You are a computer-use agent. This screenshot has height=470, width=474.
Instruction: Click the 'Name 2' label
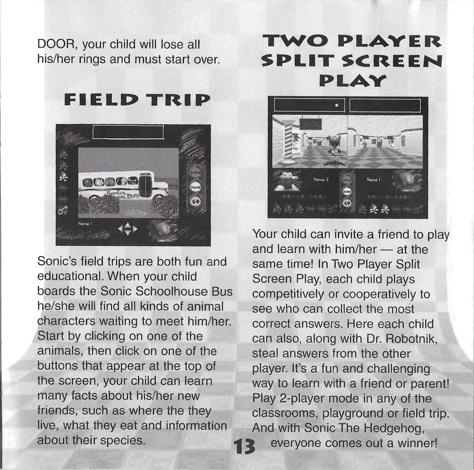tap(321, 180)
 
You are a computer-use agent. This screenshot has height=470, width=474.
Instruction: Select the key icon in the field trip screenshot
tap(61, 209)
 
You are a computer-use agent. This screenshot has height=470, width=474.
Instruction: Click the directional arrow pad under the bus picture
tap(128, 229)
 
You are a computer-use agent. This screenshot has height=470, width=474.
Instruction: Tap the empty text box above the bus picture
tap(128, 132)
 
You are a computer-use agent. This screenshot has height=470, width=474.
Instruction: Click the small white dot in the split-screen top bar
tap(337, 105)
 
